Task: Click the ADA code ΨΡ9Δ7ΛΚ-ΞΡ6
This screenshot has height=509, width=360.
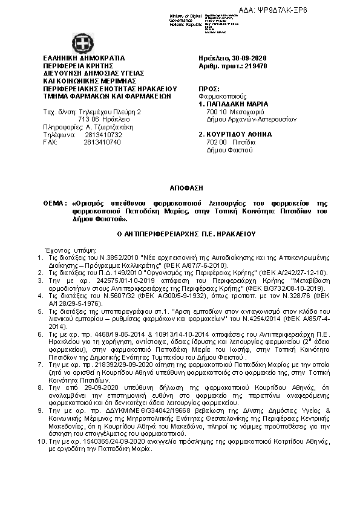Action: (328, 11)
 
